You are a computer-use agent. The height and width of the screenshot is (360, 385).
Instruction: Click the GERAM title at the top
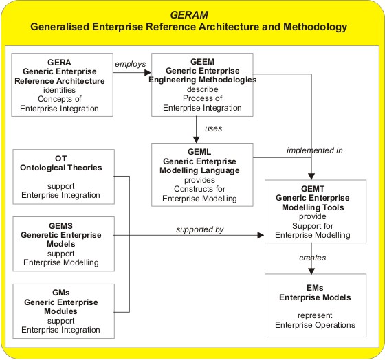coord(189,15)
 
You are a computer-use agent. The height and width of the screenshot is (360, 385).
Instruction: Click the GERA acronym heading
coord(59,63)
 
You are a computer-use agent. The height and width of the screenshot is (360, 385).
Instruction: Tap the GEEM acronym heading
coord(202,62)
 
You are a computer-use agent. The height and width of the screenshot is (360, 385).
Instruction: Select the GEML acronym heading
coord(199,152)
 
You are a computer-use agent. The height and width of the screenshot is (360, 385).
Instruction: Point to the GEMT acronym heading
coord(313,189)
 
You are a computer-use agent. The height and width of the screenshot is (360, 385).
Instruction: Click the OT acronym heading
coord(61,159)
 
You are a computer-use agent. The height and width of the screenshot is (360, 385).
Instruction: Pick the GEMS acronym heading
coord(60,226)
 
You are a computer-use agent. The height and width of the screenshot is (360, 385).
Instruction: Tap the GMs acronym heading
coord(61,293)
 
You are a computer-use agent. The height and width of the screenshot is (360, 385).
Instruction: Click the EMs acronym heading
coord(315,288)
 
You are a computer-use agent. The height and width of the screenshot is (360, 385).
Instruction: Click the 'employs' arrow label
coord(131,64)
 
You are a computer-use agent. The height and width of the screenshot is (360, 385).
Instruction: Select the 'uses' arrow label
coord(214,128)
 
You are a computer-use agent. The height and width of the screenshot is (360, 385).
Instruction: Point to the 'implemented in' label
coord(315,150)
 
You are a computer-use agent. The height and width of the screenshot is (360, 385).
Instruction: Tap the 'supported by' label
coord(200,229)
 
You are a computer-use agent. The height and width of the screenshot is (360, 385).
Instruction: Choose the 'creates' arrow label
coord(313,258)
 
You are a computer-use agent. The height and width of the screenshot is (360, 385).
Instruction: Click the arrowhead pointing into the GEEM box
coord(148,72)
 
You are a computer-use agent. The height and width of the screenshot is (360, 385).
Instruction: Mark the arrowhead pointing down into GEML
coord(196,139)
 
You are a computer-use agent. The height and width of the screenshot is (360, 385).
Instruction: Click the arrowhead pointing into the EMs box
coord(311,271)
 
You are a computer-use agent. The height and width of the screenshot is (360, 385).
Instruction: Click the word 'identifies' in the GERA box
coord(59,90)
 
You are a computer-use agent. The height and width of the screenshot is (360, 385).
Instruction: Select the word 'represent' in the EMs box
coord(315,315)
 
